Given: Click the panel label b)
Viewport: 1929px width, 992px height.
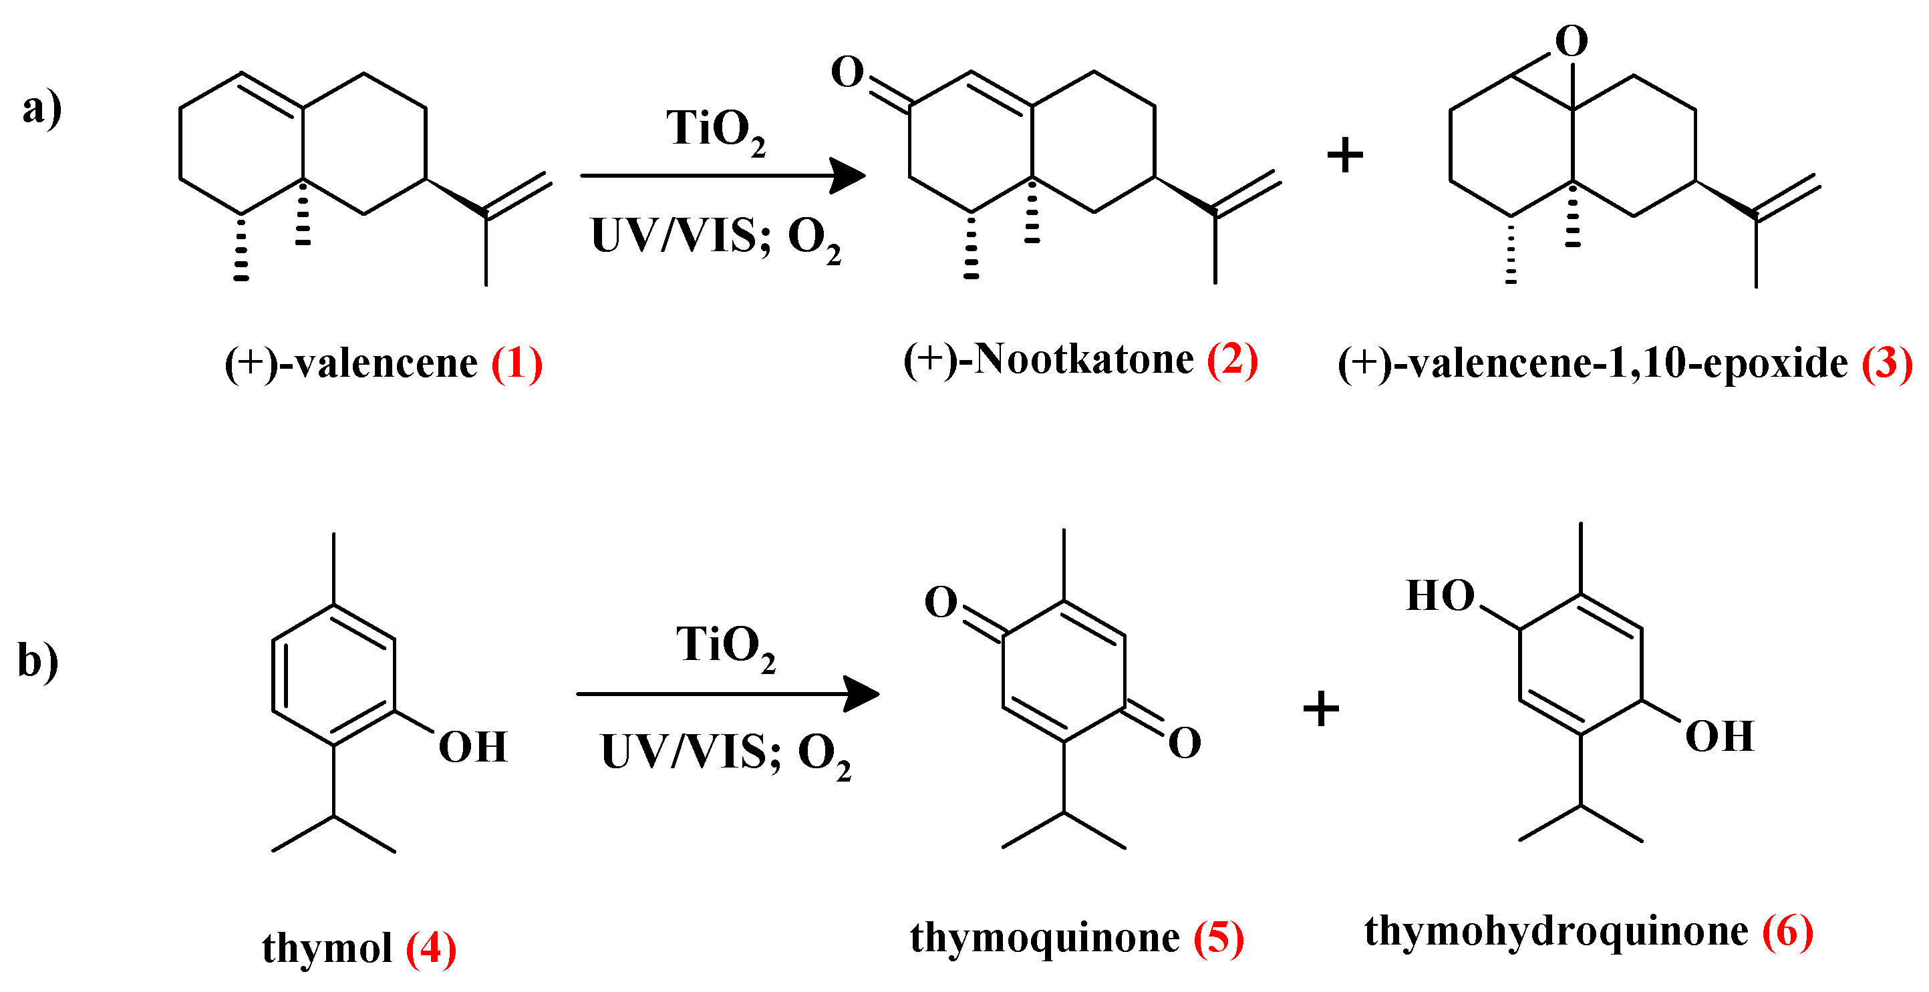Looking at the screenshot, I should (x=38, y=661).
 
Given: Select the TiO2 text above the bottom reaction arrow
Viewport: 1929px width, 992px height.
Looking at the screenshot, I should (x=725, y=647).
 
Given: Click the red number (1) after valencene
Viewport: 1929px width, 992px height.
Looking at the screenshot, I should (x=516, y=364).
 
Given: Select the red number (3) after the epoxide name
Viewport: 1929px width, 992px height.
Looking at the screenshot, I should (x=1887, y=364).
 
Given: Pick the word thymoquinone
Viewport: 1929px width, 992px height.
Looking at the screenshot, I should (x=1044, y=937).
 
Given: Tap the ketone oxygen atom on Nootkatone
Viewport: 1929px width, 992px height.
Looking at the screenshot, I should (x=847, y=73).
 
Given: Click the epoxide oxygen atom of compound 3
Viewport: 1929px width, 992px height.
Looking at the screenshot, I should (x=1571, y=41).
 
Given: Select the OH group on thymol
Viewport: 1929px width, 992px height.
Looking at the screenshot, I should (x=472, y=748).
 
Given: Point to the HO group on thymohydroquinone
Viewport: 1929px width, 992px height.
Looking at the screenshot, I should (x=1440, y=596).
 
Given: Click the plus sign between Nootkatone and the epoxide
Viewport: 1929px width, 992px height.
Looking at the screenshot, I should (x=1345, y=155).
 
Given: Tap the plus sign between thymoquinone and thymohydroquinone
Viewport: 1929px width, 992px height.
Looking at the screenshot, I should (x=1321, y=708).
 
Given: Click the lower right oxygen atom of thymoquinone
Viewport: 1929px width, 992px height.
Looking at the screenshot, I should (x=1184, y=743).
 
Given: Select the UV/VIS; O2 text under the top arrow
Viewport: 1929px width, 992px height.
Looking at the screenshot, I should (x=715, y=238).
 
